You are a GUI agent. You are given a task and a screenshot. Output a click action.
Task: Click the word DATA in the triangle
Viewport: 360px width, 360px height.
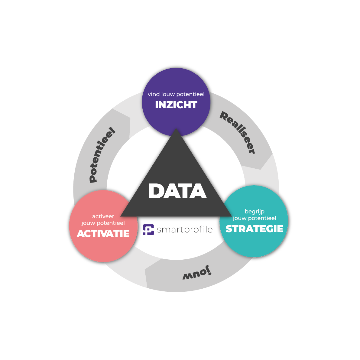[177, 191]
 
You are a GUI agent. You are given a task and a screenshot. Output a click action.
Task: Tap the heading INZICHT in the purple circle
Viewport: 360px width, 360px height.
[176, 105]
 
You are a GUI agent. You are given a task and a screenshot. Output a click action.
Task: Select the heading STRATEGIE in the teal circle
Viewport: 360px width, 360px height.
[255, 229]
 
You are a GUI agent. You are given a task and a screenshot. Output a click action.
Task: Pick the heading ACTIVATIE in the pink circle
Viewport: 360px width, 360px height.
[103, 234]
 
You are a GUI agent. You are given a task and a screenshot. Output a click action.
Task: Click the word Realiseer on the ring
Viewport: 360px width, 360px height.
[238, 132]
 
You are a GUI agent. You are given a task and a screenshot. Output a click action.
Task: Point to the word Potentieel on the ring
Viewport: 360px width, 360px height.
[102, 155]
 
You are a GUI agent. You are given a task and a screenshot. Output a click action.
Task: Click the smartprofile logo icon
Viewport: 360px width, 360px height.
[148, 230]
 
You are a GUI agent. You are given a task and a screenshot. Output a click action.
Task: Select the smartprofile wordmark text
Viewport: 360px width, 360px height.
[185, 230]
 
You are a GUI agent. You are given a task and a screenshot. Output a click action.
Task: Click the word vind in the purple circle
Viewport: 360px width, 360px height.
[154, 94]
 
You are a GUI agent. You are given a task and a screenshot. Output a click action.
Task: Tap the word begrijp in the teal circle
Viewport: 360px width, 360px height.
[255, 212]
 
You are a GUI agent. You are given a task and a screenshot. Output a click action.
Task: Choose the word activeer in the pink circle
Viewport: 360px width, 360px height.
[103, 216]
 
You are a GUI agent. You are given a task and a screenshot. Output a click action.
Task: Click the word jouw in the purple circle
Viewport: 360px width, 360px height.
[168, 95]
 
